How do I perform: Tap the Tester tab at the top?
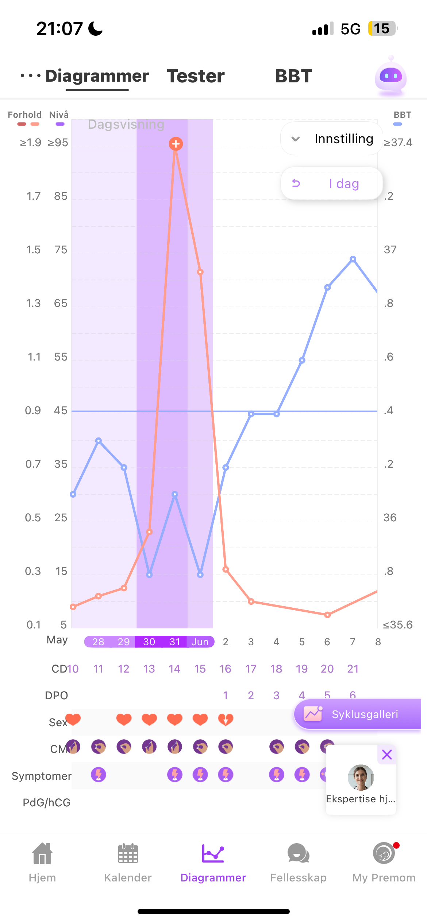pyautogui.click(x=196, y=76)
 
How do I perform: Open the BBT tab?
pyautogui.click(x=293, y=76)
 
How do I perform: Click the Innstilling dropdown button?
pyautogui.click(x=331, y=139)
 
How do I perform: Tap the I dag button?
pyautogui.click(x=331, y=183)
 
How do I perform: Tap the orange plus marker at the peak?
pyautogui.click(x=176, y=144)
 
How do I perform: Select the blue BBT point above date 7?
pyautogui.click(x=353, y=259)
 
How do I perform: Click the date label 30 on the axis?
pyautogui.click(x=149, y=642)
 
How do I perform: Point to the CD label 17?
pyautogui.click(x=251, y=669)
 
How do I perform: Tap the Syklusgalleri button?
pyautogui.click(x=358, y=714)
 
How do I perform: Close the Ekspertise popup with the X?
pyautogui.click(x=387, y=754)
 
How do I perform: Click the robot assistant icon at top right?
pyautogui.click(x=391, y=76)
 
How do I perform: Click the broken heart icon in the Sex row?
pyautogui.click(x=226, y=720)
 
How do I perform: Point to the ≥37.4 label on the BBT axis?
pyautogui.click(x=398, y=143)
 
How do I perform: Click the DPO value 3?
pyautogui.click(x=276, y=696)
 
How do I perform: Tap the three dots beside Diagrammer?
pyautogui.click(x=30, y=76)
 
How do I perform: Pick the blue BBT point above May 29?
pyautogui.click(x=124, y=467)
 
